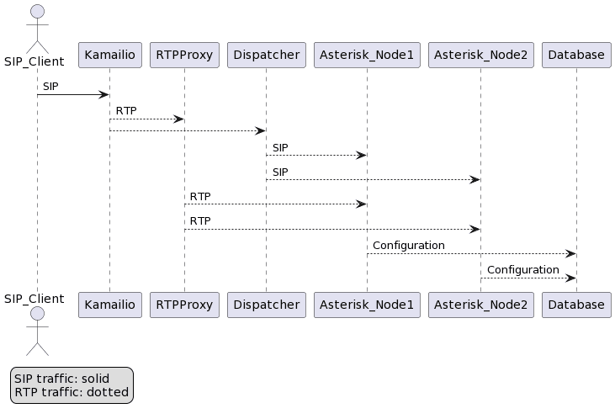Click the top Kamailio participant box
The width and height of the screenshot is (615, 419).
click(109, 56)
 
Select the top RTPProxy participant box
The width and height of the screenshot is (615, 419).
click(184, 56)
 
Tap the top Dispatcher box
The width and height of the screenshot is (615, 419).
click(266, 56)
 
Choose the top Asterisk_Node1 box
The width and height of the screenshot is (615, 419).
click(366, 56)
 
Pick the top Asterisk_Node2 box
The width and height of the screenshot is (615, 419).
click(480, 56)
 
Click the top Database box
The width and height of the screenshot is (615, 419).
click(576, 56)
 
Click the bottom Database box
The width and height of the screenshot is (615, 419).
click(576, 305)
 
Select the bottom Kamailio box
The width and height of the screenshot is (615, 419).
click(109, 305)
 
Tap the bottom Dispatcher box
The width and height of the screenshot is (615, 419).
click(266, 305)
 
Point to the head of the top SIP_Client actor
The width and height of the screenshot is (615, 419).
click(37, 12)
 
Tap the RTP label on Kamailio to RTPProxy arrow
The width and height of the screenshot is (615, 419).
click(126, 110)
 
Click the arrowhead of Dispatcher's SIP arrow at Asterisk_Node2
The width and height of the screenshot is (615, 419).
click(475, 179)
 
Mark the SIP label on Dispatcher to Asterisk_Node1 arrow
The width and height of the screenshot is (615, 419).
click(280, 147)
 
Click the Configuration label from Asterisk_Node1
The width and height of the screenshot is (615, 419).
click(408, 245)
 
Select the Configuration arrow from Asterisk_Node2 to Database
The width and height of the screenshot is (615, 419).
click(528, 278)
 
